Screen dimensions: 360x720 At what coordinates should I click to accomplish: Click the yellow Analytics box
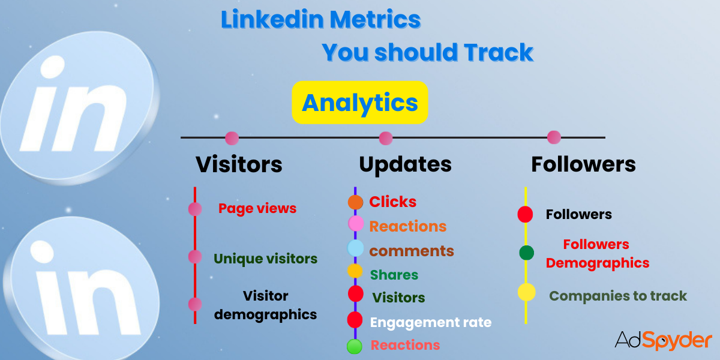359,103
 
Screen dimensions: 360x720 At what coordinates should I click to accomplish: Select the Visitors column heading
239,164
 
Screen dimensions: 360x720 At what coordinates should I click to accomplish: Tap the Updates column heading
405,164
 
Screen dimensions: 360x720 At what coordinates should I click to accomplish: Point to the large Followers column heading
583,164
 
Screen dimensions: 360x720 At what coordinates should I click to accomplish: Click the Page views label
257,208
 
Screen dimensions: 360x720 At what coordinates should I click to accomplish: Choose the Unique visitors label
265,259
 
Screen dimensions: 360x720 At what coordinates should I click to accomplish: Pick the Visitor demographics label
266,305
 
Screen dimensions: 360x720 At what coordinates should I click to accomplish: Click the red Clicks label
393,202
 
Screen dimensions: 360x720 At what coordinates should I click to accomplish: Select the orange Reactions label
408,226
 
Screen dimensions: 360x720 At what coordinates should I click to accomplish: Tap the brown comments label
412,250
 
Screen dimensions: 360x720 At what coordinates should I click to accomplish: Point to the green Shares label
394,275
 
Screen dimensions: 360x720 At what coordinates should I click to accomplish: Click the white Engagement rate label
431,322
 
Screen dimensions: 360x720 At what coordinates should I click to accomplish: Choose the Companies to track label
618,296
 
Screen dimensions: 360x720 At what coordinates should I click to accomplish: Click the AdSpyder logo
663,340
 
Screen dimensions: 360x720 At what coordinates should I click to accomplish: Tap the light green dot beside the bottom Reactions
355,346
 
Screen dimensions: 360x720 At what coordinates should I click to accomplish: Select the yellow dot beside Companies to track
526,293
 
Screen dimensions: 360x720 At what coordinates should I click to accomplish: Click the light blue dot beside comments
356,248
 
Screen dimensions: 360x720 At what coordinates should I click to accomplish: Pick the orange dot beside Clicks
356,202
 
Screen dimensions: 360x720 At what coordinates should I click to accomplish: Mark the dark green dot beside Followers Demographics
526,253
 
